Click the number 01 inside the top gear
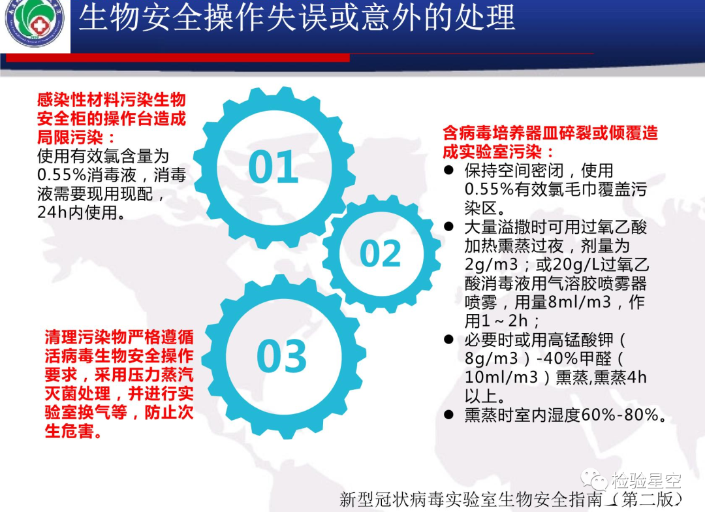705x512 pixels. point(274,167)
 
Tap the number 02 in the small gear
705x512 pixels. point(381,253)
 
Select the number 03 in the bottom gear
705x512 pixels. point(281,356)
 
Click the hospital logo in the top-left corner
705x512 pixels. point(35,22)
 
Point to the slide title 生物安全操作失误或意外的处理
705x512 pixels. point(297,18)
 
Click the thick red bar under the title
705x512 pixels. point(178,57)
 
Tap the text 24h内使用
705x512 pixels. point(81,212)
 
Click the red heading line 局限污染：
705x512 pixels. point(76,137)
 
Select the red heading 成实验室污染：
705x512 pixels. point(498,152)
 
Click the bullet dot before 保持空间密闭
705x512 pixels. point(448,170)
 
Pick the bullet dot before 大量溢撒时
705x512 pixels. point(448,227)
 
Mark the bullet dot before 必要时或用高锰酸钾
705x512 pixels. point(448,339)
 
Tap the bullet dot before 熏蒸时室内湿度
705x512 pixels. point(448,415)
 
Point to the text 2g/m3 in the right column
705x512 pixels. point(492,264)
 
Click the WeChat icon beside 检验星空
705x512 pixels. point(593,479)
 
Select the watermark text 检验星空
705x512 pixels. point(646,481)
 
